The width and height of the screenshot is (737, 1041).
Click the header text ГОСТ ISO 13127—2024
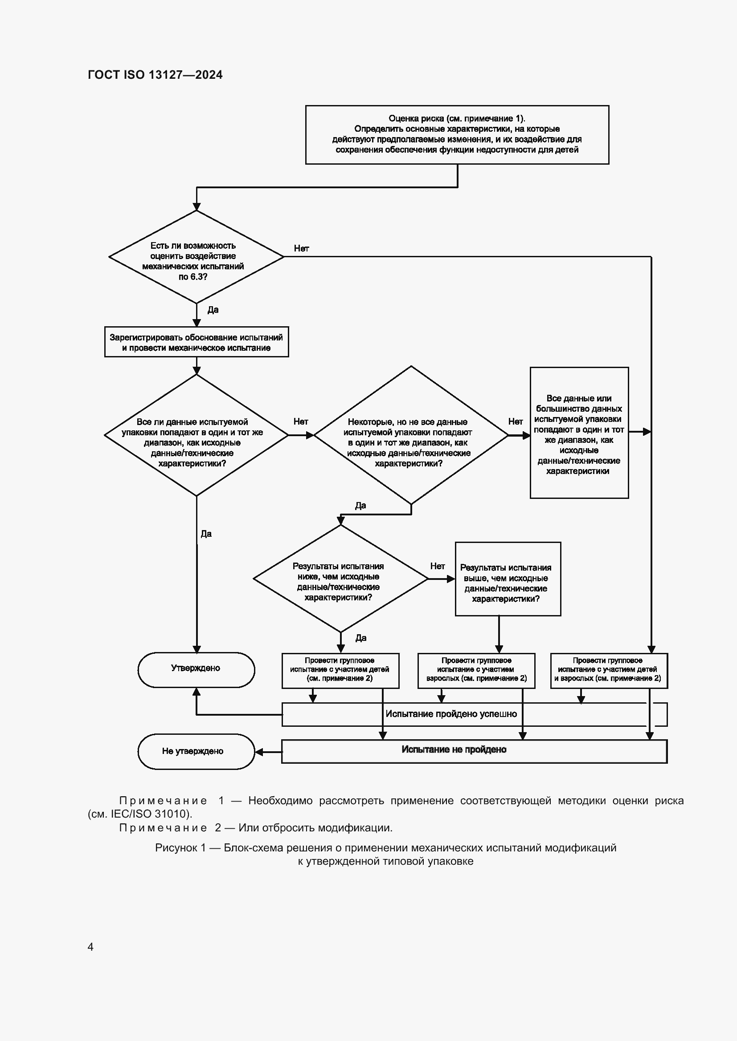click(155, 75)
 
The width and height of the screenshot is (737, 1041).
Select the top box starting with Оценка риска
click(457, 134)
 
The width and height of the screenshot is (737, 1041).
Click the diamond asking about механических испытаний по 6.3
click(196, 257)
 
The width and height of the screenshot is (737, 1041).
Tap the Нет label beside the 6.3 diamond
click(301, 248)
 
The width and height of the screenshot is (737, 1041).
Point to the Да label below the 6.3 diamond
click(213, 310)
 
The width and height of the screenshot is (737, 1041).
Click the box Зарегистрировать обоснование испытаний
click(196, 342)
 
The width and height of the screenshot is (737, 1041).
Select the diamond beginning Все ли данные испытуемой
click(196, 435)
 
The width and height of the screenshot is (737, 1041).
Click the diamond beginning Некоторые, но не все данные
click(410, 435)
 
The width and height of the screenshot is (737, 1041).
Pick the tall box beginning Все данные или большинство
click(579, 433)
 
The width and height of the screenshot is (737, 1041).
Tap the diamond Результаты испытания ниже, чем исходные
click(340, 579)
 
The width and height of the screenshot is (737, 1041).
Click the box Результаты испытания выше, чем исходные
click(508, 579)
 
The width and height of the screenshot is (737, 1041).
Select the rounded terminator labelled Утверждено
click(196, 670)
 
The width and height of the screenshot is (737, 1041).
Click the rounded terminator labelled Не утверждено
click(196, 751)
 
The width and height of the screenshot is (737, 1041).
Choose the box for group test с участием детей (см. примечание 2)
click(340, 670)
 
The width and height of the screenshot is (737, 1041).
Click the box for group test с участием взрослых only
click(476, 670)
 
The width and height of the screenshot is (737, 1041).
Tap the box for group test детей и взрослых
click(608, 670)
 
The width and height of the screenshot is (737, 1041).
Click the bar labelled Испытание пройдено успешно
click(451, 714)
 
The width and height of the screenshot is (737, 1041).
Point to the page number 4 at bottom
click(90, 947)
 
